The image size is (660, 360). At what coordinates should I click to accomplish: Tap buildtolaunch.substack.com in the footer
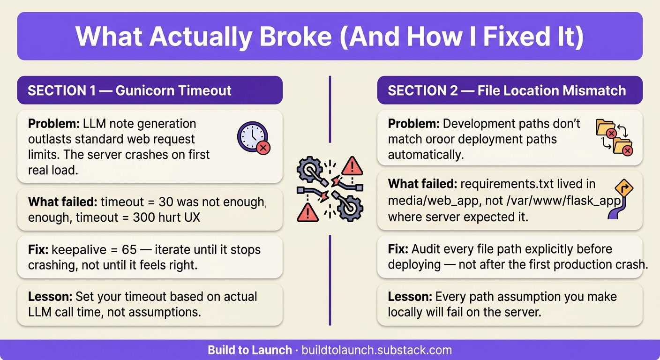[377, 350]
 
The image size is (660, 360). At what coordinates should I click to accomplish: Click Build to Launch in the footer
[250, 350]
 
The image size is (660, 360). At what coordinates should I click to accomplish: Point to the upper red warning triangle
[352, 165]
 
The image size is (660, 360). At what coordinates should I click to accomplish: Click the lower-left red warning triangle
[307, 212]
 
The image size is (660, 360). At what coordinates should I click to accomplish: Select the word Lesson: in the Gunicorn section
[50, 297]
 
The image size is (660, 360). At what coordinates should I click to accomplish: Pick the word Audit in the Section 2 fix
[424, 249]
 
